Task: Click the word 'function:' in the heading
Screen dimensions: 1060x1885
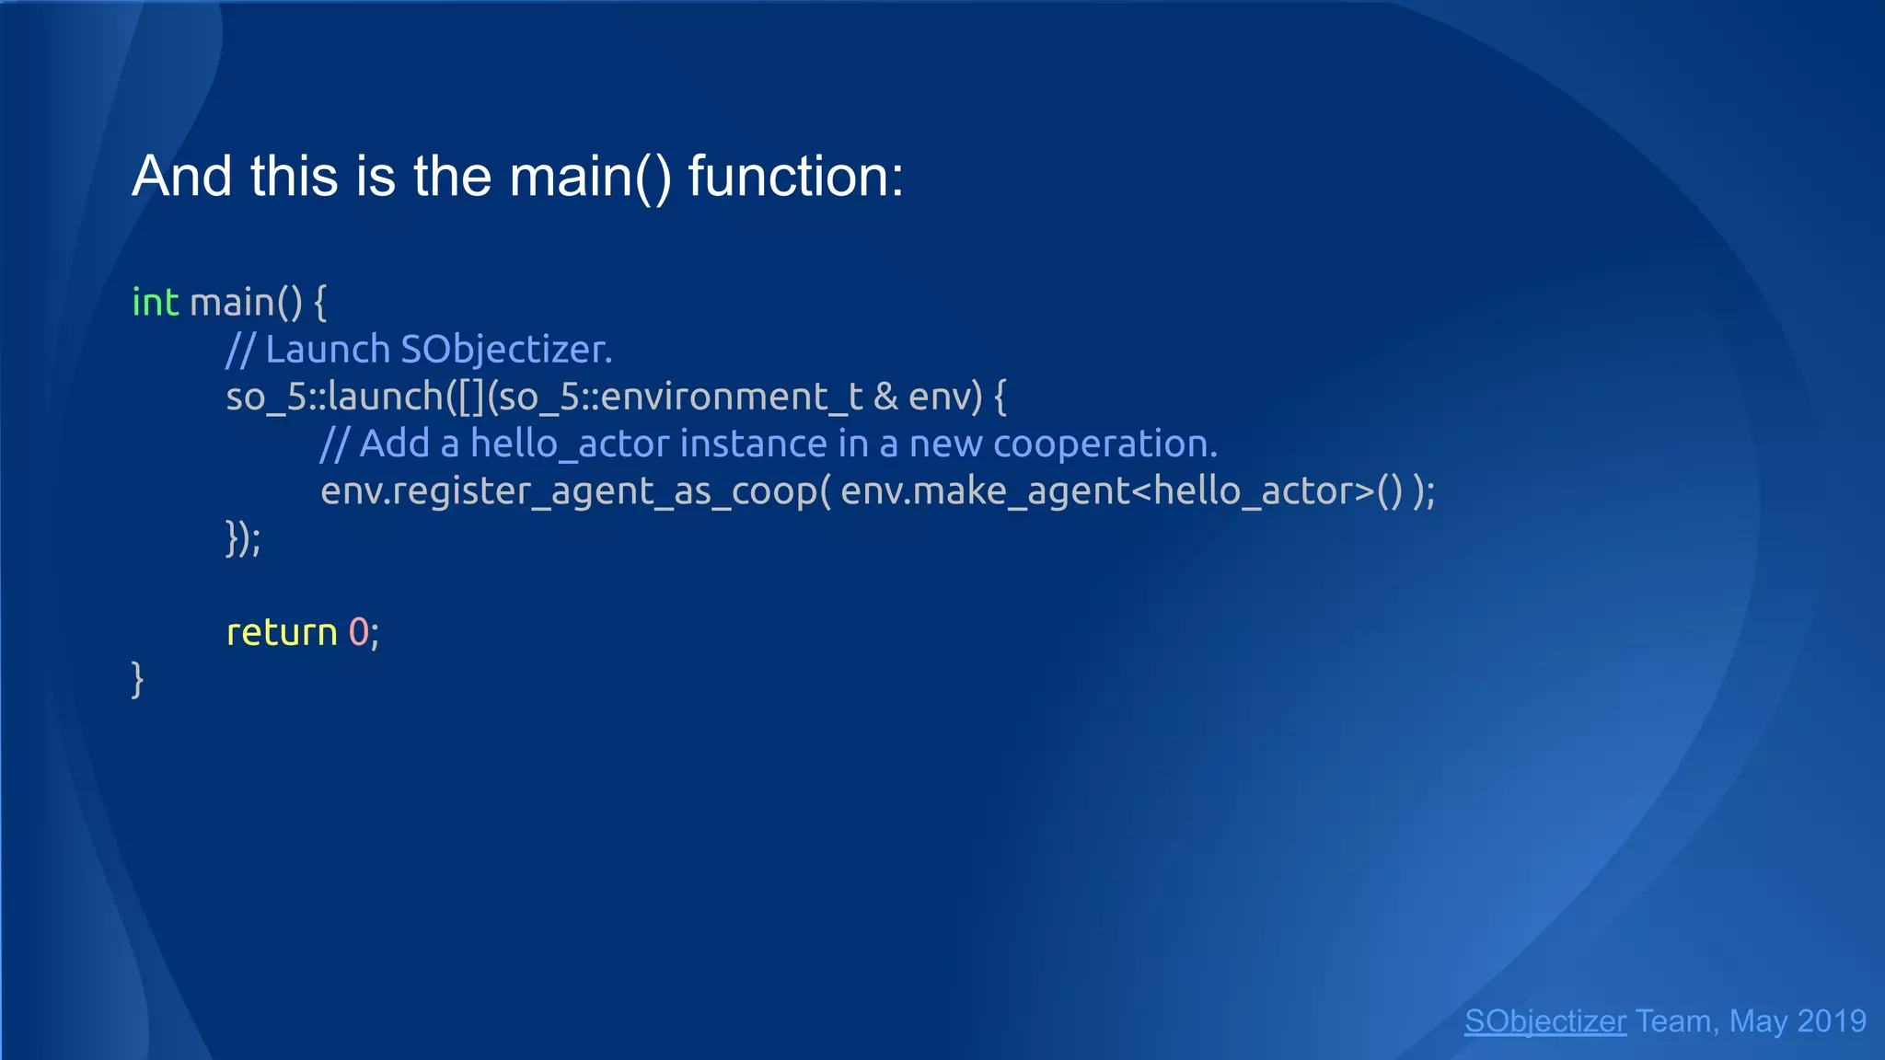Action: point(796,176)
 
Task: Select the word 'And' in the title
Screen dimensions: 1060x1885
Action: point(181,176)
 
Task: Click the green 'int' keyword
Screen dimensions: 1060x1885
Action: point(155,303)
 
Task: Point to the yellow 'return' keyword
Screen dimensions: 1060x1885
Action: point(282,633)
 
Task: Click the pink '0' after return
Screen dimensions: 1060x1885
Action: point(358,633)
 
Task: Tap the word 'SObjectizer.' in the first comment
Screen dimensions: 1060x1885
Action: point(506,350)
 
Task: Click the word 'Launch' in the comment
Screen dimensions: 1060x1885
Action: point(328,350)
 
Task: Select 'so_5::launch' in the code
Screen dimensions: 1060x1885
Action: point(335,397)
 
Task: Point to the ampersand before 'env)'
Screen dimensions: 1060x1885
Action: point(885,397)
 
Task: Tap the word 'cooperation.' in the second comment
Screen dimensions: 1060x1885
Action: point(1104,444)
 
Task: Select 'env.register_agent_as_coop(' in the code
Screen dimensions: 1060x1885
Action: point(575,491)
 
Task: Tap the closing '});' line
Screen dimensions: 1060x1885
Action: point(243,538)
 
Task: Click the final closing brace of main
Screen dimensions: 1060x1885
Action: point(138,680)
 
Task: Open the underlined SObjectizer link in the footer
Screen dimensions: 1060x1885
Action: point(1544,1021)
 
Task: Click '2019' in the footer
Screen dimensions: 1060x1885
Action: point(1831,1021)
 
